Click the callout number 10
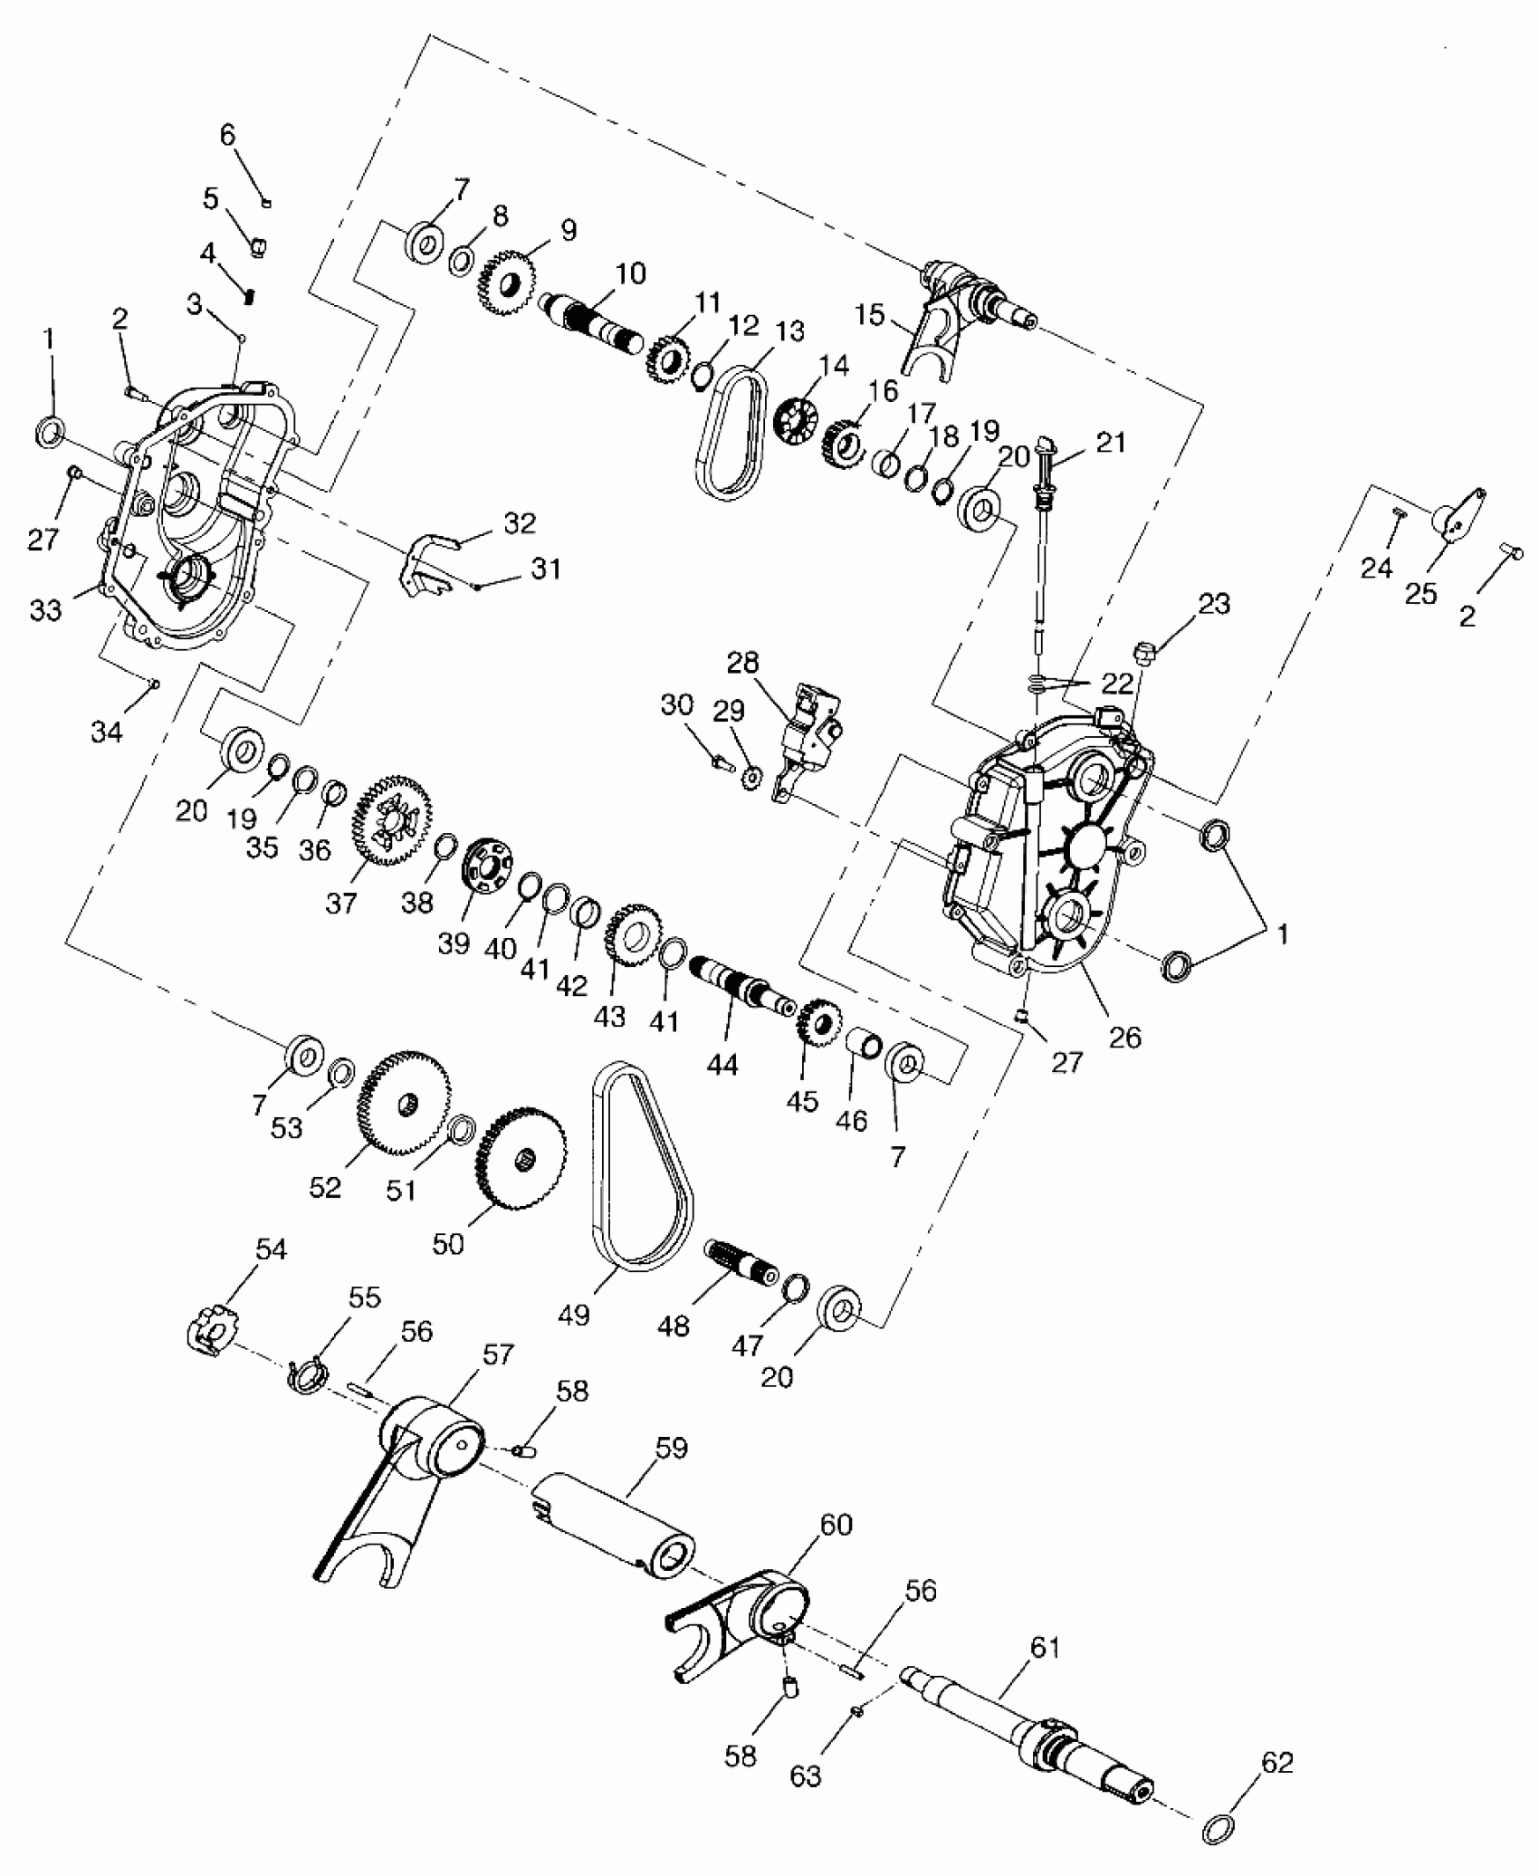pyautogui.click(x=630, y=273)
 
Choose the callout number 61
pyautogui.click(x=1044, y=1647)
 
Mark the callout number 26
pyautogui.click(x=1125, y=1037)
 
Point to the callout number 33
pyautogui.click(x=45, y=609)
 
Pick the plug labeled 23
pyautogui.click(x=1143, y=650)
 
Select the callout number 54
pyautogui.click(x=271, y=1250)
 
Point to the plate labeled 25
pyautogui.click(x=1459, y=518)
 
